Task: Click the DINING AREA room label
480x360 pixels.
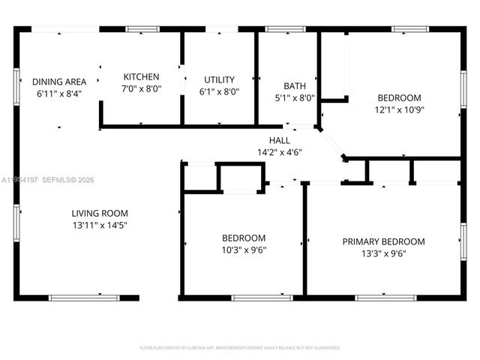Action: click(x=58, y=82)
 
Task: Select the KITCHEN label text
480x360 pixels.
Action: click(x=142, y=76)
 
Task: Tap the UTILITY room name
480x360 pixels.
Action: click(x=220, y=79)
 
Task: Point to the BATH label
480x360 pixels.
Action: click(x=294, y=85)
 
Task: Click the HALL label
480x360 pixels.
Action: click(x=280, y=140)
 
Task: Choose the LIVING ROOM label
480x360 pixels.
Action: click(x=100, y=213)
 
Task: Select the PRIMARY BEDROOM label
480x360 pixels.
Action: click(x=383, y=241)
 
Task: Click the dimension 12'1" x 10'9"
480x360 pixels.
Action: click(x=399, y=109)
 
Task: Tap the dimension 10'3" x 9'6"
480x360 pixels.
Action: click(x=243, y=250)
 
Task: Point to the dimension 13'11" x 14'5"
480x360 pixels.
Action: click(x=100, y=225)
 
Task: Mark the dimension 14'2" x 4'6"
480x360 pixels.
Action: click(x=280, y=151)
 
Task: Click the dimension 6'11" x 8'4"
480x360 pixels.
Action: click(x=58, y=94)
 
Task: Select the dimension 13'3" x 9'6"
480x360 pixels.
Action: click(x=383, y=253)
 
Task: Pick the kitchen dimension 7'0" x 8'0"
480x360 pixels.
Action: click(x=142, y=88)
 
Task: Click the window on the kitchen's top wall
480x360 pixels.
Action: click(x=142, y=29)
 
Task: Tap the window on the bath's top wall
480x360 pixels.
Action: click(x=280, y=29)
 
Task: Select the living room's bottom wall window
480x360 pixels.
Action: click(x=84, y=298)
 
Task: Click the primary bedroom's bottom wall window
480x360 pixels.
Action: click(x=385, y=298)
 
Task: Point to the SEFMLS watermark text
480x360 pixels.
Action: click(x=65, y=180)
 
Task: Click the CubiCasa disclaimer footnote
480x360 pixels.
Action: click(x=240, y=348)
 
